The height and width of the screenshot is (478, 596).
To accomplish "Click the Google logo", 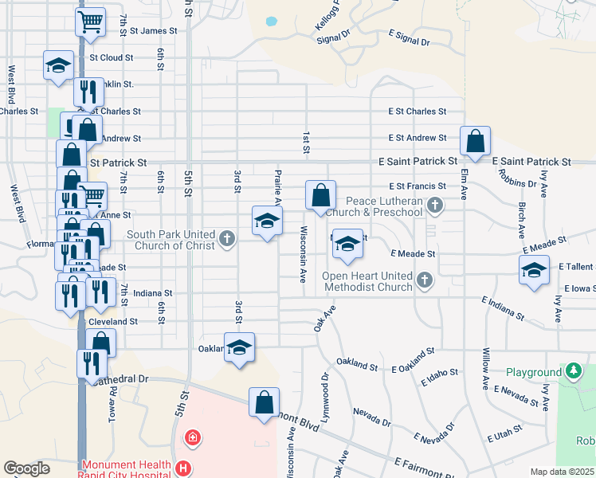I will [x=27, y=468].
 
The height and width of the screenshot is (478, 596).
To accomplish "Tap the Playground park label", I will [x=533, y=372].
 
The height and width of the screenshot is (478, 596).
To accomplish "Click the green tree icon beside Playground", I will [x=573, y=371].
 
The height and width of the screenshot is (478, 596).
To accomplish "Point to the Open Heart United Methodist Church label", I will [x=367, y=281].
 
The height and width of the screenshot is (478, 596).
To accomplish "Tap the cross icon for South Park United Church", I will [x=226, y=238].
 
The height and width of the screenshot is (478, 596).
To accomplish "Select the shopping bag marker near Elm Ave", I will [x=475, y=141].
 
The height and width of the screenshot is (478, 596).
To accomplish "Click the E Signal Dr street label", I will [x=409, y=41].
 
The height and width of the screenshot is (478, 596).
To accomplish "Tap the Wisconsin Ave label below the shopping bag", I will [x=303, y=255].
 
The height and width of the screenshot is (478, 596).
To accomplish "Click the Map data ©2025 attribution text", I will [x=562, y=472].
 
